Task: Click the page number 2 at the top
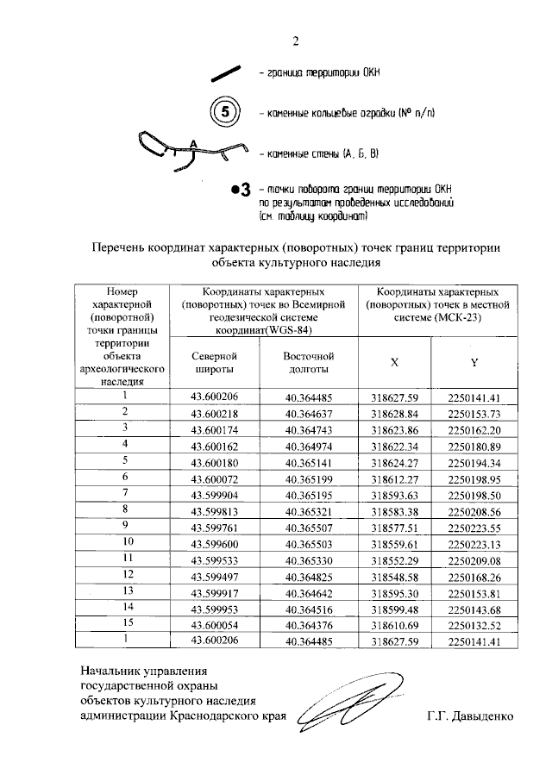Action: (x=295, y=41)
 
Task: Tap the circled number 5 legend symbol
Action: (x=224, y=113)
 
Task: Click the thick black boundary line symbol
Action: (x=228, y=74)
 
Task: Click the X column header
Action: (x=394, y=363)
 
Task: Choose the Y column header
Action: (x=474, y=363)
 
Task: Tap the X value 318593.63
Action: (x=394, y=494)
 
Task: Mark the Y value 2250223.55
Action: (x=474, y=526)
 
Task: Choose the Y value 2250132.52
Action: (x=474, y=622)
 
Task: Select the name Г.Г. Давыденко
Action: (x=469, y=715)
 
